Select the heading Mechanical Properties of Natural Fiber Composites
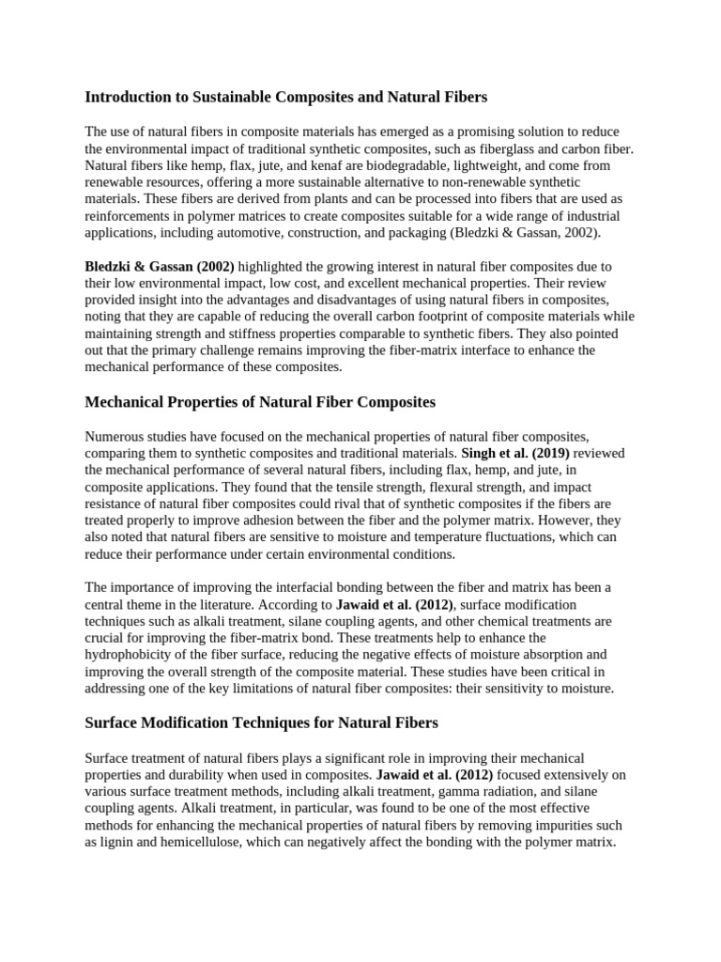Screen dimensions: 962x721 (260, 402)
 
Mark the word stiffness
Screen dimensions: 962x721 (248, 334)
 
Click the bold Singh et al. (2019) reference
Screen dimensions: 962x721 (515, 453)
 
